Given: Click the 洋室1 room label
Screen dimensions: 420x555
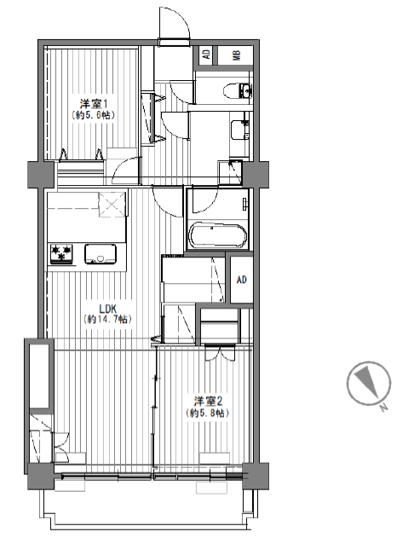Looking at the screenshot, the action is pyautogui.click(x=94, y=104).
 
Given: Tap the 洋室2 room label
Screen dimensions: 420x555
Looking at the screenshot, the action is pyautogui.click(x=208, y=402).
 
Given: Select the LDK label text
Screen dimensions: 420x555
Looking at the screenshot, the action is pyautogui.click(x=106, y=308).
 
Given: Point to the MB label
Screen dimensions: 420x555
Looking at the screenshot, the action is pyautogui.click(x=236, y=55).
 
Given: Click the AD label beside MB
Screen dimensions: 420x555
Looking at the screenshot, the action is pyautogui.click(x=206, y=55).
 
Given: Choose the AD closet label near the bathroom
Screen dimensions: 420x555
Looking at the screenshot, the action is pyautogui.click(x=241, y=280).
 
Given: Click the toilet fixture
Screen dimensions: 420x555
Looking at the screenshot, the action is pyautogui.click(x=238, y=90).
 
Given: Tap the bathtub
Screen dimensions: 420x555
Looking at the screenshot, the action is pyautogui.click(x=218, y=234).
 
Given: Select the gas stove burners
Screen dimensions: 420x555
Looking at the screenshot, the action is pyautogui.click(x=62, y=254).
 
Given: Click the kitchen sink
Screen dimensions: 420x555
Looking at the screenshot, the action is pyautogui.click(x=101, y=254).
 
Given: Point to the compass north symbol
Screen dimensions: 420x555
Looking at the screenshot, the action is pyautogui.click(x=368, y=384).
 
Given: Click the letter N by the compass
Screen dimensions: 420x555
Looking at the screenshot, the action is pyautogui.click(x=383, y=408).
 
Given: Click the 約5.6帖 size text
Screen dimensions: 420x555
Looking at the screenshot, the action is pyautogui.click(x=94, y=115).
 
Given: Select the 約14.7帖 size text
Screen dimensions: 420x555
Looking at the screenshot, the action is pyautogui.click(x=107, y=319).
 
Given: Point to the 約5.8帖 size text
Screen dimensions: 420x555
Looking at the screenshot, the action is pyautogui.click(x=208, y=413).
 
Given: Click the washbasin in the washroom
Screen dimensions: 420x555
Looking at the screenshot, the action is pyautogui.click(x=239, y=130).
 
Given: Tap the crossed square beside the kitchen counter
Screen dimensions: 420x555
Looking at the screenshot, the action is pyautogui.click(x=112, y=204).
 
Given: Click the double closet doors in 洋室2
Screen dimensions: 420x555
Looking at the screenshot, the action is pyautogui.click(x=220, y=353).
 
